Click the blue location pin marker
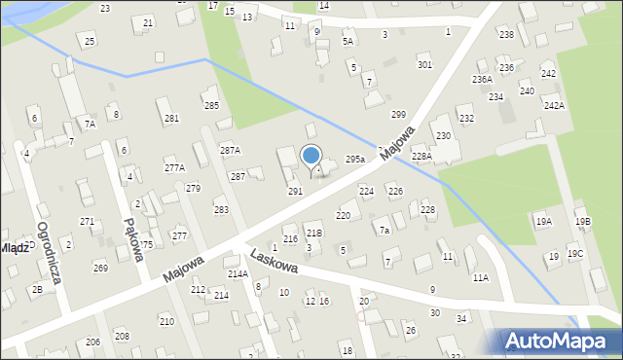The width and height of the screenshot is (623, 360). tap(311, 156)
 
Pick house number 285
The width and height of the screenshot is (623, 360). tap(211, 105)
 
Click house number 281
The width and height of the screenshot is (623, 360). tap(171, 118)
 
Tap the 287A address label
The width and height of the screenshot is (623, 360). tap(230, 150)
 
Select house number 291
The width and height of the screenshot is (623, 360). tap(295, 192)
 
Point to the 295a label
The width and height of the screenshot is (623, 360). tap(355, 159)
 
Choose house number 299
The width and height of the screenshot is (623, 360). tap(398, 114)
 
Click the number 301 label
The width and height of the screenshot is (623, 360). tap(424, 64)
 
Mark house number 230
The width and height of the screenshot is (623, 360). tap(443, 135)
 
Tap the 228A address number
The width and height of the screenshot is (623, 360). tap(421, 156)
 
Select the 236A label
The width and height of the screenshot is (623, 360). tap(482, 79)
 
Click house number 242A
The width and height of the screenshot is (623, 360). tap(554, 105)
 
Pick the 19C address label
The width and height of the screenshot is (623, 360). tap(576, 254)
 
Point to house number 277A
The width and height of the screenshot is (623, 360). tap(174, 167)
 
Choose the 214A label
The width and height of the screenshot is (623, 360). tap(238, 274)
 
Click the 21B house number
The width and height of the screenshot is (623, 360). tap(313, 234)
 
